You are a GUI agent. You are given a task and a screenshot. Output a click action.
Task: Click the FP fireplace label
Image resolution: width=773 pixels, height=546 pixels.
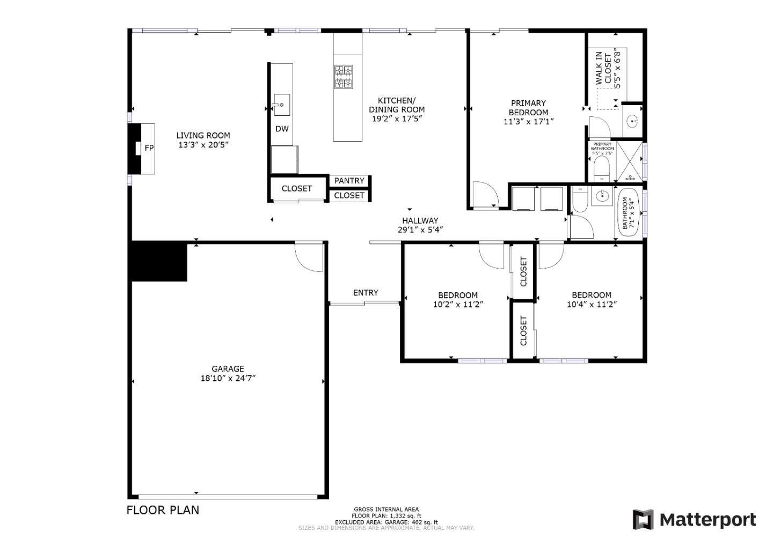(149, 148)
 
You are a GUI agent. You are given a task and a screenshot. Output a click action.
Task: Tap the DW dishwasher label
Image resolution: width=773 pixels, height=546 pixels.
(282, 129)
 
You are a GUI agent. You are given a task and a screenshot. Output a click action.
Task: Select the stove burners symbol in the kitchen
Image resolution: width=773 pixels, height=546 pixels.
(344, 77)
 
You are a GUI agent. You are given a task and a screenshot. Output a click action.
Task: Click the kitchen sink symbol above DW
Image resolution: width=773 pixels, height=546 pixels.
(281, 105)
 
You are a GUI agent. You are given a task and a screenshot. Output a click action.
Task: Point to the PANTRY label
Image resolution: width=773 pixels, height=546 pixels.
(349, 181)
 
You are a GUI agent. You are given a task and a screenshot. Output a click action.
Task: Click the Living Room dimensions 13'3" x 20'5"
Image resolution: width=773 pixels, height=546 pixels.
(203, 145)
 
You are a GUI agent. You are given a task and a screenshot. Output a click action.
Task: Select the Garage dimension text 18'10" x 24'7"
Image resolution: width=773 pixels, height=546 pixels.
(228, 378)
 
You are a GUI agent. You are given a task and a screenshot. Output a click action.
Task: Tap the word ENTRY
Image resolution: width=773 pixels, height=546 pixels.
(366, 292)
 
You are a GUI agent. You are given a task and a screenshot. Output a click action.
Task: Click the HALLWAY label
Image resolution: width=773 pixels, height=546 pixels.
(420, 220)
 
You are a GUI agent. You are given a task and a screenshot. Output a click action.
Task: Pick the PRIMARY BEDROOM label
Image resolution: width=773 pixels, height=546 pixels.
(528, 107)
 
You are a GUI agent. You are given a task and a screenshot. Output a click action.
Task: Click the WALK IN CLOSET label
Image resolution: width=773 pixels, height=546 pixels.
(604, 68)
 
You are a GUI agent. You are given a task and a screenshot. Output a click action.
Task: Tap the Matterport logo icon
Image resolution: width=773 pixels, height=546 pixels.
(643, 520)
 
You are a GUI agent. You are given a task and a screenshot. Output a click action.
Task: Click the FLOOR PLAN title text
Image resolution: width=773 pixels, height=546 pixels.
(163, 510)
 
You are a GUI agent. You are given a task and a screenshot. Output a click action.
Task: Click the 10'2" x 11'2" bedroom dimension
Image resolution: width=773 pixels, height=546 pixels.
(458, 305)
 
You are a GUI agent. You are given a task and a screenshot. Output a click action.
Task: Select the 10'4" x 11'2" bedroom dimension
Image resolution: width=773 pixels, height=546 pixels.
(592, 305)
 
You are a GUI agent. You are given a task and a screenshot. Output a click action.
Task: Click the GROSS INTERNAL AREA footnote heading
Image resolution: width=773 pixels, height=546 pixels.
(386, 510)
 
